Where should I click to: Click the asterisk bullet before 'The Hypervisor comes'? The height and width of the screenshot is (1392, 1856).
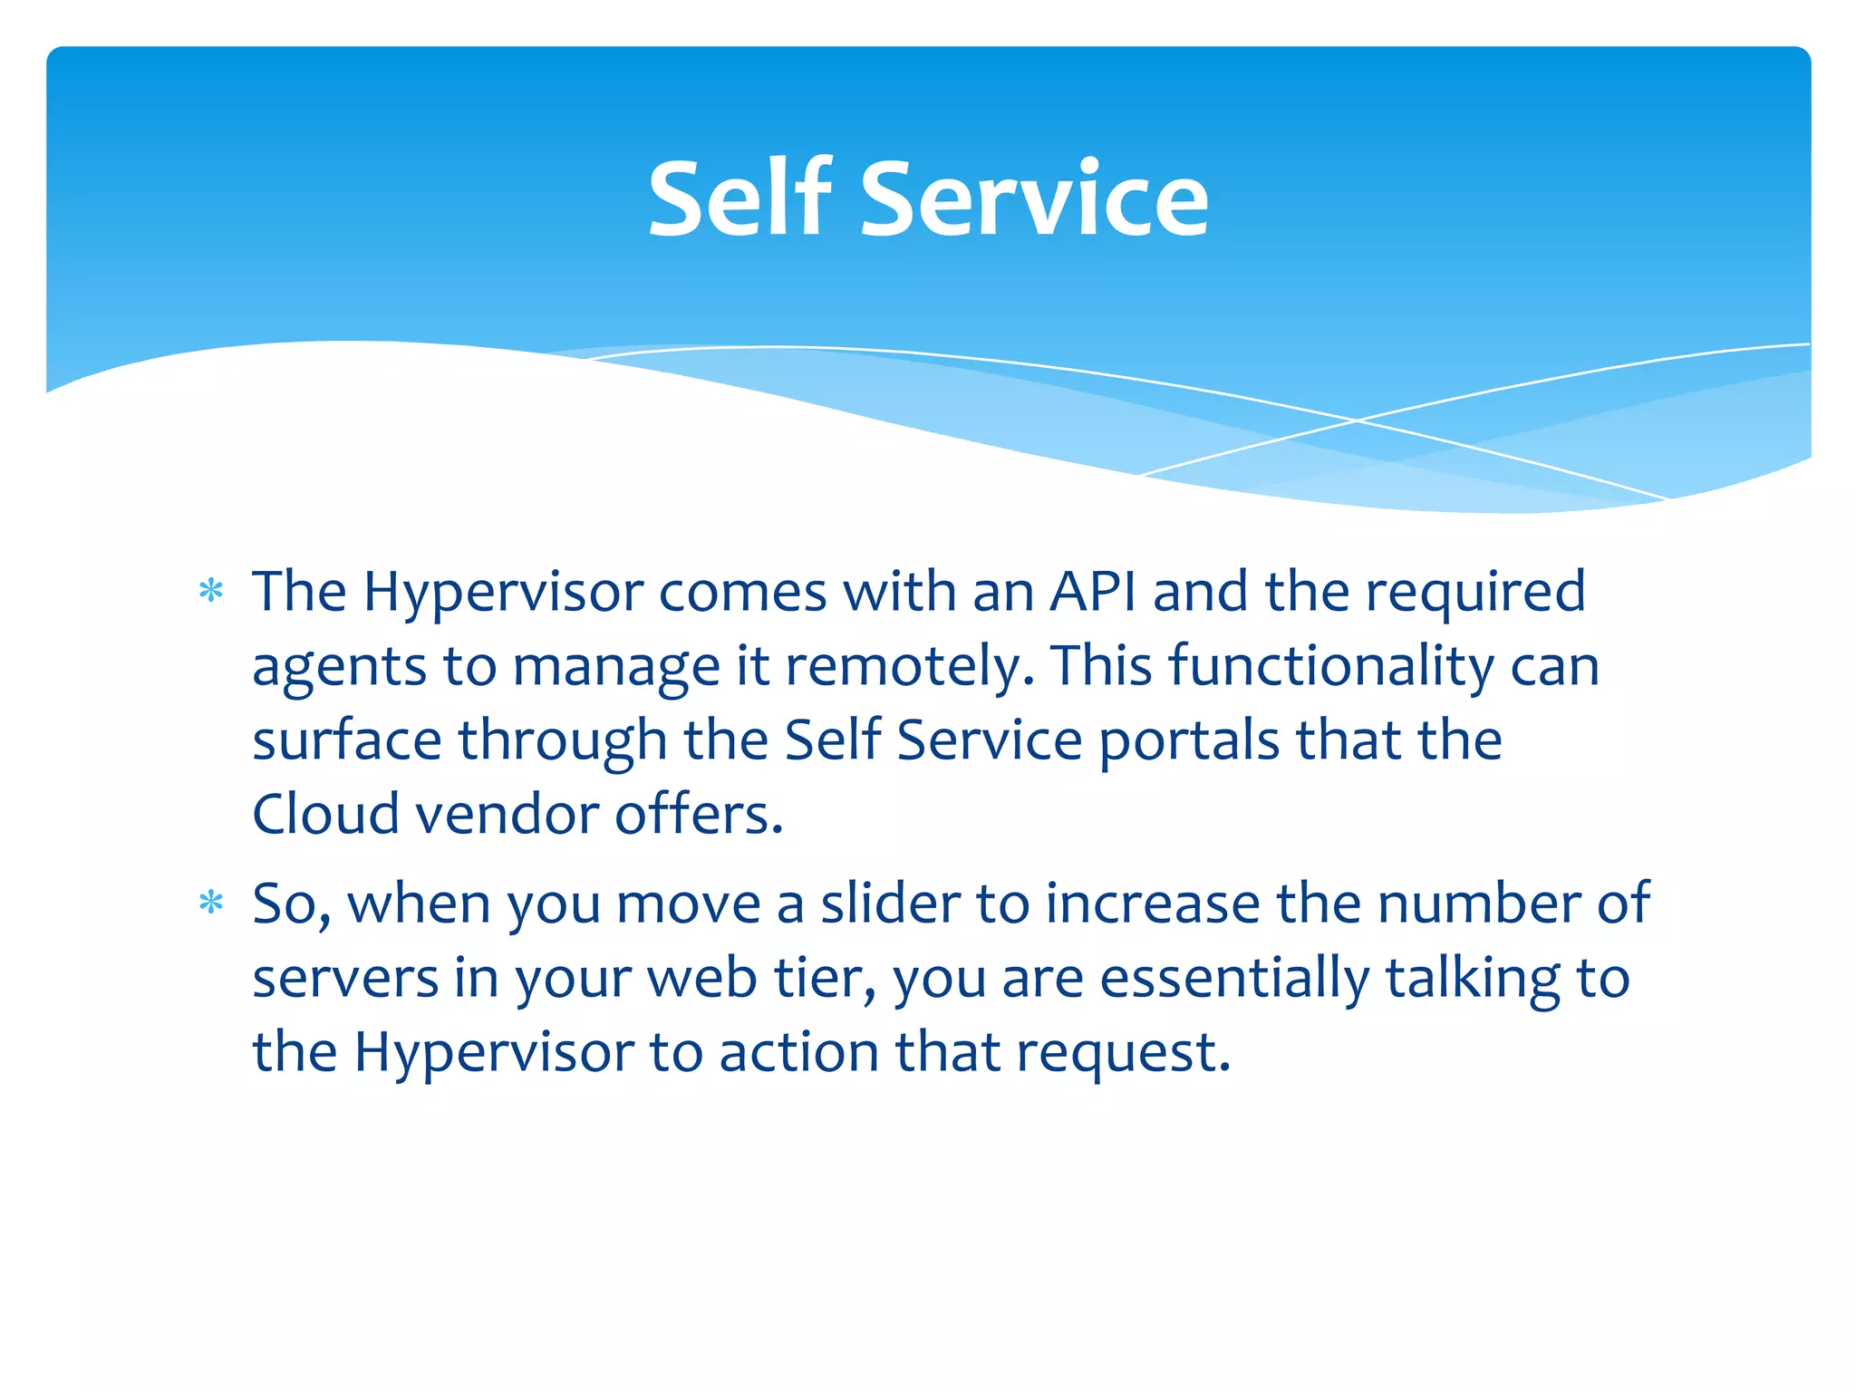point(211,592)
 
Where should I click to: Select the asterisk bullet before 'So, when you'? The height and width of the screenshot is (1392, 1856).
point(211,904)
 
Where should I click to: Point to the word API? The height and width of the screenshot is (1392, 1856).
point(1092,592)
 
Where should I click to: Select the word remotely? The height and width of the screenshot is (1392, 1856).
point(909,666)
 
